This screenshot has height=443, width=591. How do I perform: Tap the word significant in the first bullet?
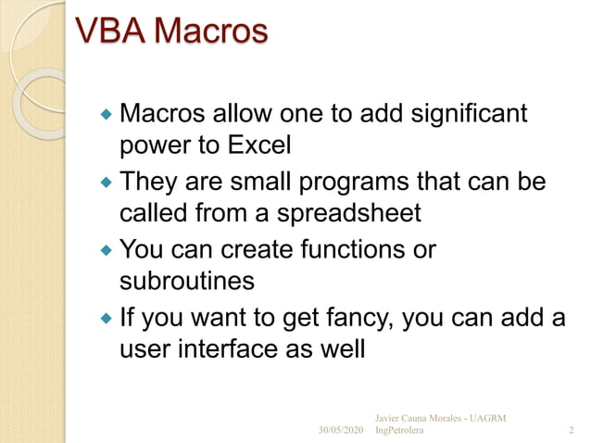click(x=470, y=115)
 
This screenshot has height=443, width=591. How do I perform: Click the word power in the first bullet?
click(x=152, y=146)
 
